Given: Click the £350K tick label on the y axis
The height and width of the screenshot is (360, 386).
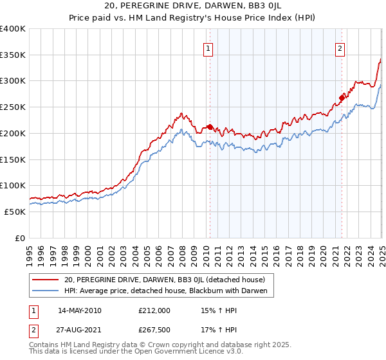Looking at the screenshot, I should [x=13, y=55].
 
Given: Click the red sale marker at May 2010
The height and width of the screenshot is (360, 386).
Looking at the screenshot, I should [x=210, y=127].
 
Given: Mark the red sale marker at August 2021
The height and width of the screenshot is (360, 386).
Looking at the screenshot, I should [x=342, y=98].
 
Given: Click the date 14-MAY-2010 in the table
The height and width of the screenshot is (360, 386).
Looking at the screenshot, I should [x=79, y=310].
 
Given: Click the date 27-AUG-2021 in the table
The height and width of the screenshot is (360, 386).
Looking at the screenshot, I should [x=79, y=329].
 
